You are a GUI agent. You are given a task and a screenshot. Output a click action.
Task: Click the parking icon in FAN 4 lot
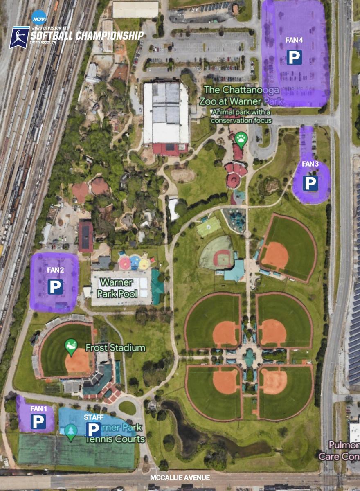coord(294,57)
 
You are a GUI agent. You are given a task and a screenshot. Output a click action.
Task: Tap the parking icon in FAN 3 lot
coord(310,183)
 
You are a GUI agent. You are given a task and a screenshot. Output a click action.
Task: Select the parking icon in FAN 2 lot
coord(55,287)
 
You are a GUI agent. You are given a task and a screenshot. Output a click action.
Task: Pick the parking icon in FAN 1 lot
coord(38,421)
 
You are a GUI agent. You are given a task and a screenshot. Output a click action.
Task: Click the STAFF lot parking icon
coord(94,430)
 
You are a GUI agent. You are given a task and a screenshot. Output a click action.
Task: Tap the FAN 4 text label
coord(294,40)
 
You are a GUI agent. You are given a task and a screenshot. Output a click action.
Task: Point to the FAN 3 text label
coord(310,164)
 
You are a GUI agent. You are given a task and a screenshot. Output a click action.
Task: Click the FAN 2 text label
coord(55,270)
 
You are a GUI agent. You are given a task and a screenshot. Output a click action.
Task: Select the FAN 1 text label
coord(38,408)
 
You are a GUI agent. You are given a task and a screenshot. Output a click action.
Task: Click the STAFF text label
coord(94,417)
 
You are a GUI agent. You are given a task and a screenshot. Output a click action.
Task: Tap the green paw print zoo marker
coord(241,140)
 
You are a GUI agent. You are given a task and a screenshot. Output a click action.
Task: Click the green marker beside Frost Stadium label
coord(71,347)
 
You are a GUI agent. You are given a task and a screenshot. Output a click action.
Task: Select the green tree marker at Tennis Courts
coord(71,432)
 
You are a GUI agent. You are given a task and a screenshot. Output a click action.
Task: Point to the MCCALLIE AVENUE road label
coord(180,477)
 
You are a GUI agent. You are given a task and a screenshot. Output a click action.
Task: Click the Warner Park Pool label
coord(117,288)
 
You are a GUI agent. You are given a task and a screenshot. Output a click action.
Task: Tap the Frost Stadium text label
coord(115,348)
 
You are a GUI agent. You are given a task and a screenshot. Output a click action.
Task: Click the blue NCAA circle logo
coord(39,17)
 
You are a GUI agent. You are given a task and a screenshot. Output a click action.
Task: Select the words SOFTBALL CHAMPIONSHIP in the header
coord(87,36)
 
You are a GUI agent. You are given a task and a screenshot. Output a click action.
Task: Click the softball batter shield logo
coord(19,37)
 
